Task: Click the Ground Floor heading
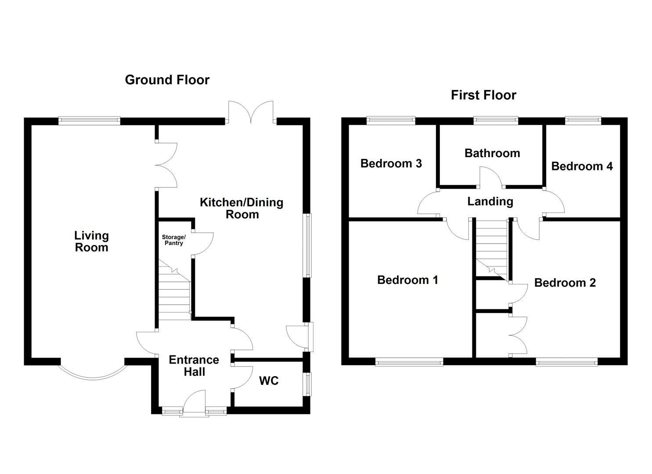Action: click(x=167, y=80)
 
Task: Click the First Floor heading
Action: click(x=483, y=95)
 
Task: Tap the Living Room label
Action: click(x=92, y=241)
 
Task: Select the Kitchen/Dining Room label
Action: click(x=241, y=208)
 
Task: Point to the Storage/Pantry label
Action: click(x=174, y=241)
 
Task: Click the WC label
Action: click(x=269, y=381)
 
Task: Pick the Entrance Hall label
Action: click(x=194, y=366)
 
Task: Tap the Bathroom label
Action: click(x=492, y=153)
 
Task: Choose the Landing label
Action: click(x=490, y=201)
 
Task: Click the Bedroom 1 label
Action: click(x=407, y=280)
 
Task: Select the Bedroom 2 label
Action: click(x=565, y=283)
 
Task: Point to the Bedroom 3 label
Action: click(x=391, y=164)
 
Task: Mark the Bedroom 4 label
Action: click(x=582, y=166)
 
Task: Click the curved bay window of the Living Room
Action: click(x=93, y=378)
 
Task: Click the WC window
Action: click(x=307, y=384)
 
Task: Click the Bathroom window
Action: click(x=496, y=120)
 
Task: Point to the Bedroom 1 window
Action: click(x=409, y=362)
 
